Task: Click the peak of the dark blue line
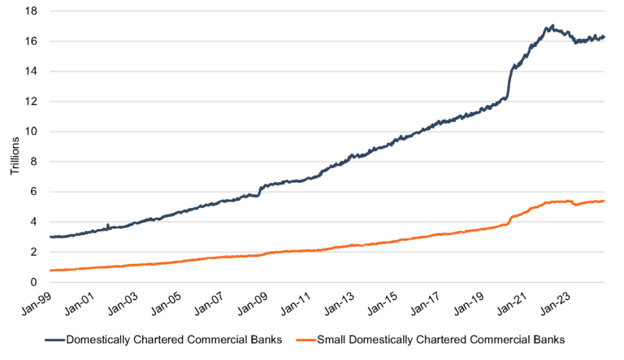[x=552, y=25]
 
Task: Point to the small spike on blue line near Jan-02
[x=108, y=224]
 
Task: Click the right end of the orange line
[x=604, y=201]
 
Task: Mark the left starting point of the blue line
[x=50, y=236]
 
